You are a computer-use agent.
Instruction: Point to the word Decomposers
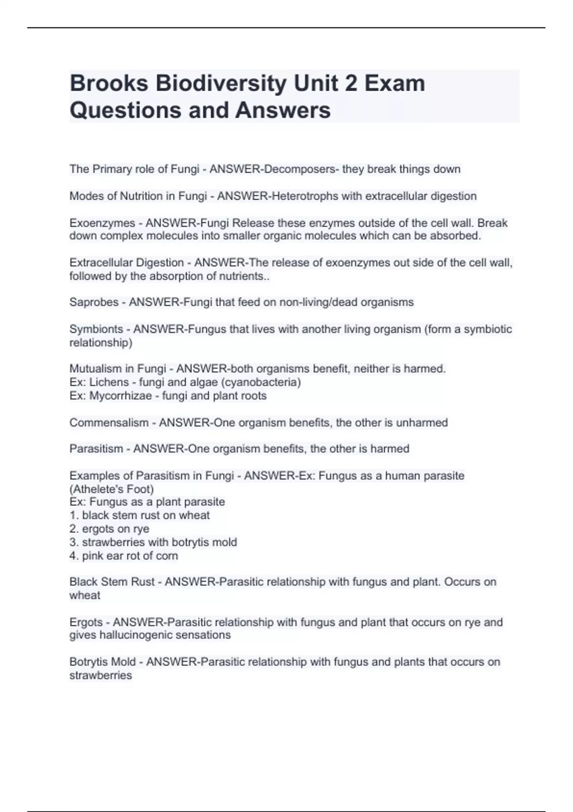(x=299, y=169)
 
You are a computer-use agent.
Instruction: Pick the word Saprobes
(x=94, y=302)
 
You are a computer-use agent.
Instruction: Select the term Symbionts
(x=96, y=329)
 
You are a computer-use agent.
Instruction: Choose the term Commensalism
(x=109, y=423)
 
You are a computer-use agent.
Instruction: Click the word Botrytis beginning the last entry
(x=89, y=662)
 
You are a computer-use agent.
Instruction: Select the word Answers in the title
(x=283, y=110)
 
